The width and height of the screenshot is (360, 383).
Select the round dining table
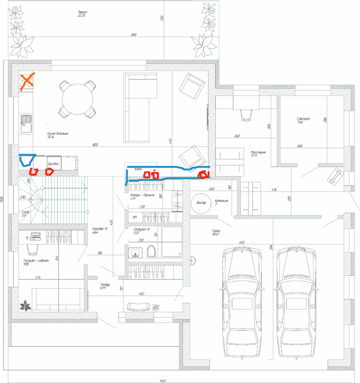(x=78, y=98)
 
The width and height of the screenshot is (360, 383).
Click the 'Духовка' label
(x=54, y=164)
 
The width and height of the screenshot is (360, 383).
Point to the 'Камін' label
(x=138, y=169)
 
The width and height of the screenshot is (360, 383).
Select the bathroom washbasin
(x=135, y=252)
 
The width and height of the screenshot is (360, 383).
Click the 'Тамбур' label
(x=105, y=286)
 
